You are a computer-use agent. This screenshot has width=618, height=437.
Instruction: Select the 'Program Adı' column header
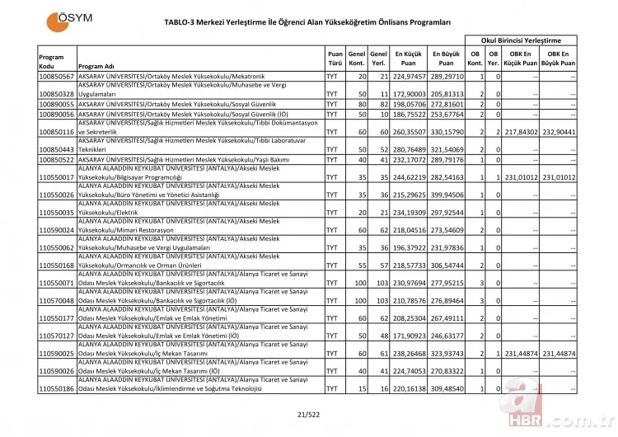tap(95, 66)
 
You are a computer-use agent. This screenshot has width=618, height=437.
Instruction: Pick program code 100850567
tap(57, 76)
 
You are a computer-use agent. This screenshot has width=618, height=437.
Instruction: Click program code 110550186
tap(57, 388)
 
